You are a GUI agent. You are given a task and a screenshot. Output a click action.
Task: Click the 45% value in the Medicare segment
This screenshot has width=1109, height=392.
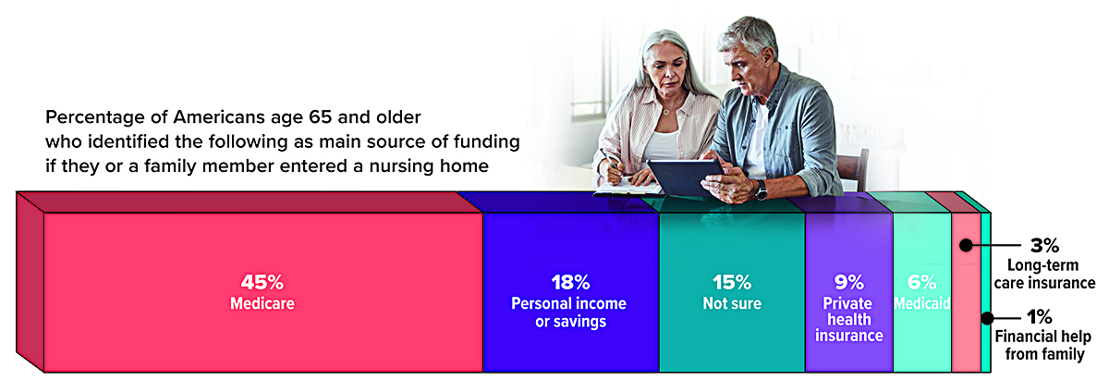262,283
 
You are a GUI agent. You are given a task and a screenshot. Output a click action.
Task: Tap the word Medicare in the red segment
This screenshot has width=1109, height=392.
262,303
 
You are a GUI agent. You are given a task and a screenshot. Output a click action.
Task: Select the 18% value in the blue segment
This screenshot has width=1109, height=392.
570,283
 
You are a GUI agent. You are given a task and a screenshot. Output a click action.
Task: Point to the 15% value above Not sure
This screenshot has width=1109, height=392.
732,283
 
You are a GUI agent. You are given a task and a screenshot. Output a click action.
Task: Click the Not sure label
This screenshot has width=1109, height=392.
732,303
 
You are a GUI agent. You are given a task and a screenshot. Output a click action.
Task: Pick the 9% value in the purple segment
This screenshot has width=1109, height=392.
849,283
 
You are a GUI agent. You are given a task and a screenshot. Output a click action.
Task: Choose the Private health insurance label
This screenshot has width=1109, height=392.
849,320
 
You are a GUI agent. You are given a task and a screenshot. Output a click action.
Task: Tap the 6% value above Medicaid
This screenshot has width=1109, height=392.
922,283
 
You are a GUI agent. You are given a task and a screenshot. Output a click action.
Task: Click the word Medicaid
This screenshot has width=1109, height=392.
922,303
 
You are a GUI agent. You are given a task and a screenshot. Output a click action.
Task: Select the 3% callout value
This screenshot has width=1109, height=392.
1044,245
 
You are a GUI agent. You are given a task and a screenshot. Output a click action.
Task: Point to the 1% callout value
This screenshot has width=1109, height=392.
1039,317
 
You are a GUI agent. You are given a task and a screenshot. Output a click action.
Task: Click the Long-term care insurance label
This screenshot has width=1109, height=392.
1044,274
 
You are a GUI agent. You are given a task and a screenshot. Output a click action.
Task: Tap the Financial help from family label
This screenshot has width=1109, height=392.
1043,346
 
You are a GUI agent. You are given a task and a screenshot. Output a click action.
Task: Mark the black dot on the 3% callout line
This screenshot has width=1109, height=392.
966,245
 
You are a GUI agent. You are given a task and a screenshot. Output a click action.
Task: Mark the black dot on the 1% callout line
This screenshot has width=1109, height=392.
987,318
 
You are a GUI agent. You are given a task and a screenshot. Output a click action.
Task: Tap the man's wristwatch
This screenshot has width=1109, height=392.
761,190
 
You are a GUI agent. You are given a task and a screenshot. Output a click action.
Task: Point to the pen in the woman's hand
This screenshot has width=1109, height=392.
610,160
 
